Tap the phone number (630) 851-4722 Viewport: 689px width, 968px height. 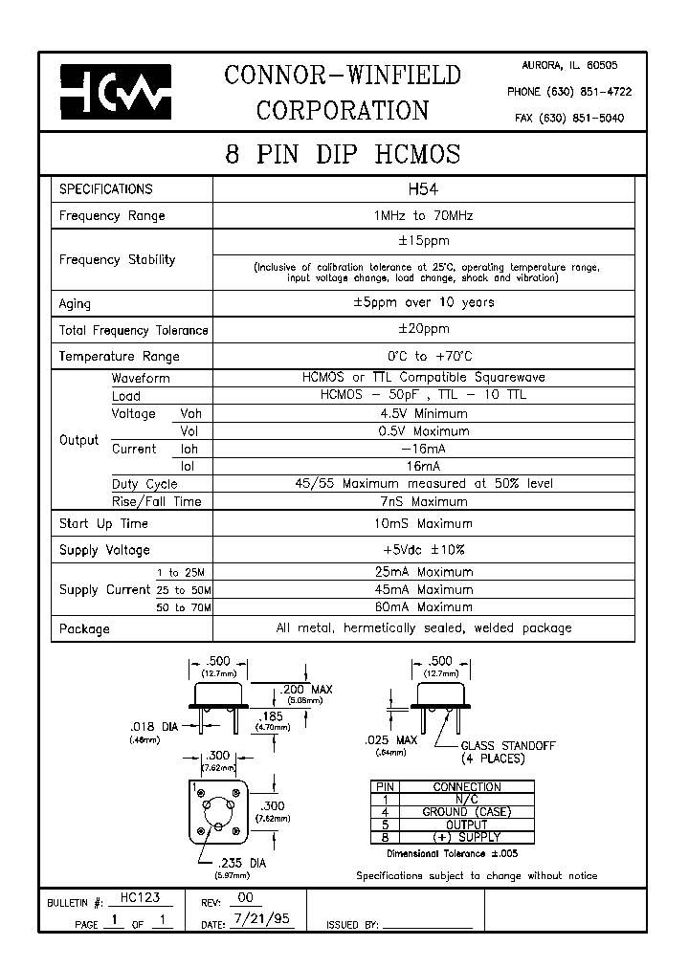pos(568,92)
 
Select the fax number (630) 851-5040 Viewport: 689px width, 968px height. pos(568,119)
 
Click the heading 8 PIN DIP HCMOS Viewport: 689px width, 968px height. pos(343,154)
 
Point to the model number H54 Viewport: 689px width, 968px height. pos(422,189)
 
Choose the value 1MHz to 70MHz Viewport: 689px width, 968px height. pos(423,216)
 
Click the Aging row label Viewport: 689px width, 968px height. pos(76,304)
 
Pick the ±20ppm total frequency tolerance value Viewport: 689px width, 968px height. pos(423,329)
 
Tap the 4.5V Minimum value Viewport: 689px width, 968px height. pos(423,414)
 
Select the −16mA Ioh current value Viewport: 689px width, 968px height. pos(423,449)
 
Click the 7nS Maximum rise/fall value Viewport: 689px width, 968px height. pos(423,501)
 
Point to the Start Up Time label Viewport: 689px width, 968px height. pos(103,524)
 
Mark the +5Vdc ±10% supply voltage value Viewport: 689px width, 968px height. pos(423,550)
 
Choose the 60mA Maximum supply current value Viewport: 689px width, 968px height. pos(423,606)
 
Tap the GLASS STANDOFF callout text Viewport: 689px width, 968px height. pos(507,745)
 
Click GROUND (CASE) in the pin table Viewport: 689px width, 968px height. pos(467,812)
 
